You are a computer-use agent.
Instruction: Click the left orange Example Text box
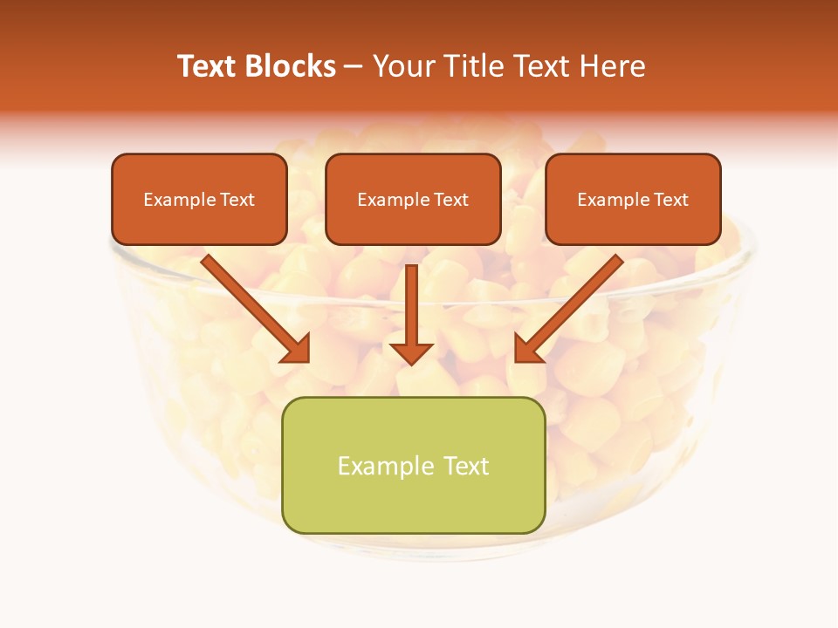(199, 200)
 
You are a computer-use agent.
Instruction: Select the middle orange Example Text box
(413, 200)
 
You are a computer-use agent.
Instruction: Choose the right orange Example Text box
(633, 200)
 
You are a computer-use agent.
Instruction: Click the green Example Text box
(413, 466)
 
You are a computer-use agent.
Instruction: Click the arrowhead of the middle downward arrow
(411, 352)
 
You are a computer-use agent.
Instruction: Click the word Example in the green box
(374, 466)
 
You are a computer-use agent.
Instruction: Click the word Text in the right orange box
(671, 200)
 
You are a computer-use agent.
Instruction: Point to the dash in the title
(354, 66)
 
